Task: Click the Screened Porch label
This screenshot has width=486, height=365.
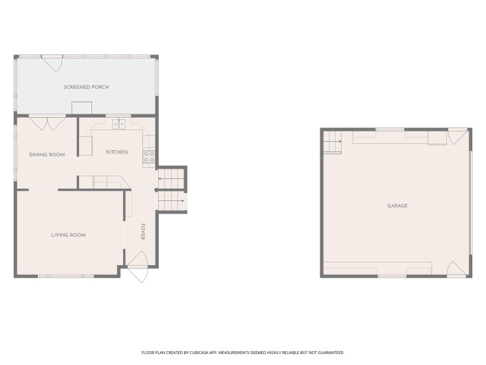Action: tap(86, 87)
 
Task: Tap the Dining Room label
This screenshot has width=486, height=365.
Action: tap(47, 155)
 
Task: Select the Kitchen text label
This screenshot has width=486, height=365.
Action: tap(117, 152)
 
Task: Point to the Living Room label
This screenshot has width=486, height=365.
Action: tap(68, 235)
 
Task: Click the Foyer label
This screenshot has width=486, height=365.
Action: tap(142, 231)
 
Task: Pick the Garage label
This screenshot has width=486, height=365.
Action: tap(397, 206)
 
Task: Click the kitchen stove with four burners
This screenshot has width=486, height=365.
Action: tap(148, 157)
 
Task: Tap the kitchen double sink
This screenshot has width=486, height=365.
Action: tap(119, 124)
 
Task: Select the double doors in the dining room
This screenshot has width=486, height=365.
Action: tap(47, 123)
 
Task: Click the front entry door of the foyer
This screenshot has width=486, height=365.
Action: tap(137, 267)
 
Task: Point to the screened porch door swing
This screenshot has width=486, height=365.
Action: tap(52, 64)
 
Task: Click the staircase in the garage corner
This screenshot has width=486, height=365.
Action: tap(333, 143)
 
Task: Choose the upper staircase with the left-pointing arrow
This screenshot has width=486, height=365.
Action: tap(171, 178)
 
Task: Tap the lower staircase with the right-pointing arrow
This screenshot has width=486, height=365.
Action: tap(171, 201)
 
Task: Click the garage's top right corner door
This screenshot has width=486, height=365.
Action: tap(458, 136)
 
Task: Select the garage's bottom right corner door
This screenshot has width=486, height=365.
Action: tap(457, 269)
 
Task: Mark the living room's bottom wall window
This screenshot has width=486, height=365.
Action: tap(66, 276)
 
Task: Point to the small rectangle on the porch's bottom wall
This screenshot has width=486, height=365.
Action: tap(82, 108)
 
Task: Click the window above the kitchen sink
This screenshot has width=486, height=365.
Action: tap(118, 116)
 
